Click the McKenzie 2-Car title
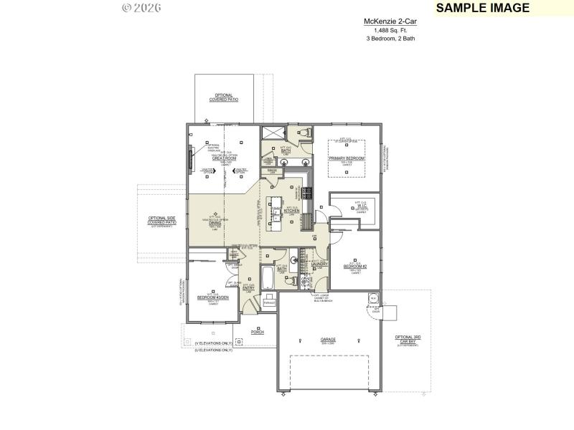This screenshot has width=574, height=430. (390, 22)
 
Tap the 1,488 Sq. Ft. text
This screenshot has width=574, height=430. (390, 30)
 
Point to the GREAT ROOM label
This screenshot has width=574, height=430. (226, 158)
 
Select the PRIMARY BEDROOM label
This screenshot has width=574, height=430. (347, 158)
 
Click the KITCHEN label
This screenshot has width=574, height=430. (291, 211)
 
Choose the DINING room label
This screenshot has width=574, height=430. (215, 223)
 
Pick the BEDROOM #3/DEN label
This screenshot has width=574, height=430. (212, 297)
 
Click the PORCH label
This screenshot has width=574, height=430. (258, 333)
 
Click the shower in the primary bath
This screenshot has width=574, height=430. (271, 132)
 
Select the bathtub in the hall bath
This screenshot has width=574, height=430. (268, 275)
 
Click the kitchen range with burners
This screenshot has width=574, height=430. (306, 192)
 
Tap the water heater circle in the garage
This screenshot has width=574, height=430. (373, 299)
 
